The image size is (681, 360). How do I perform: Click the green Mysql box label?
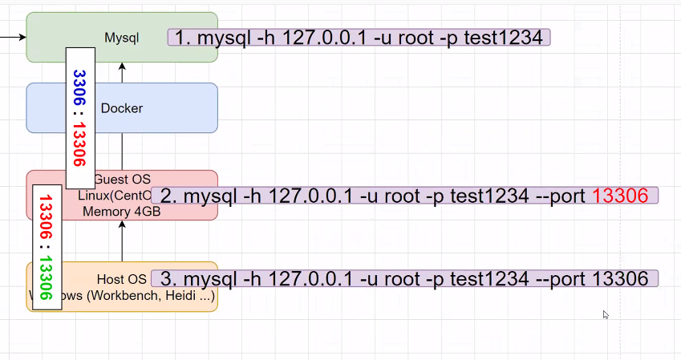122,37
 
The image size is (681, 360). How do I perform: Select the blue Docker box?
122,108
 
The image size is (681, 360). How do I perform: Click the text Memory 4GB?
121,212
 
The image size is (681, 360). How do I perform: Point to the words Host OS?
122,279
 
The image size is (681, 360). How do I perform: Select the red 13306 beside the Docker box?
79,140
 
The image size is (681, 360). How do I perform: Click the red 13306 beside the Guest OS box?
46,216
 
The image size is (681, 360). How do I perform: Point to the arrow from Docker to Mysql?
123,72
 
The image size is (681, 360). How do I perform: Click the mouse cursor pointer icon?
606,315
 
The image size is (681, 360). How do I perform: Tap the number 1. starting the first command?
182,38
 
